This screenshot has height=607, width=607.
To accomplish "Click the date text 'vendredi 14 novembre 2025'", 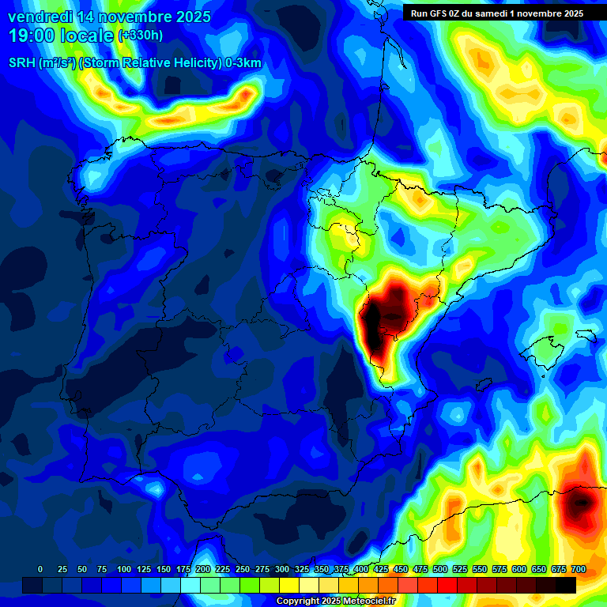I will [x=109, y=17].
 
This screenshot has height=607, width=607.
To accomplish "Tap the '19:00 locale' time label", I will [x=61, y=36].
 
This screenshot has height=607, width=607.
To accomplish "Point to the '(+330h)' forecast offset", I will [x=141, y=36].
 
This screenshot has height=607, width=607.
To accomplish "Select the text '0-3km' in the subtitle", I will [x=244, y=63].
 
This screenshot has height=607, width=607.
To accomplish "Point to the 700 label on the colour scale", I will [x=578, y=569].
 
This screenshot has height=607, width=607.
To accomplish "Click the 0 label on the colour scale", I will [x=40, y=569].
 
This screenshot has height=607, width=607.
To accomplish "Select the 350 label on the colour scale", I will [x=322, y=569].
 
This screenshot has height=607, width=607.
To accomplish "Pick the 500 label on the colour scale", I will [x=440, y=569].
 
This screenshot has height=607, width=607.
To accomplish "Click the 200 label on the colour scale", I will [x=203, y=569].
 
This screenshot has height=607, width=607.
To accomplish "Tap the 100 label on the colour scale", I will [x=124, y=569].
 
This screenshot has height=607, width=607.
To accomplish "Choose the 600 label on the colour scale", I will [x=519, y=569].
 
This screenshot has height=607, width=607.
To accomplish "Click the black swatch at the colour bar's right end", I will [x=565, y=585].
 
